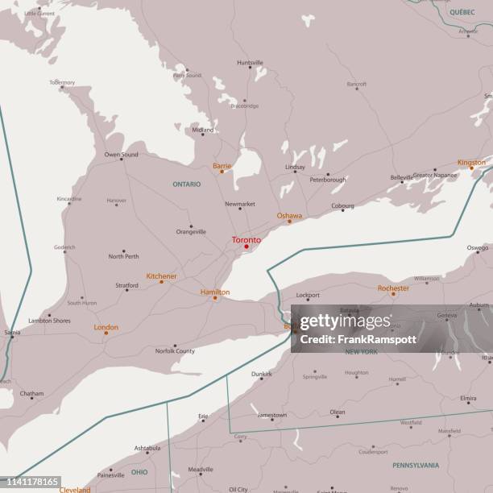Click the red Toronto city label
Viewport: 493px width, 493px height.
tap(246, 240)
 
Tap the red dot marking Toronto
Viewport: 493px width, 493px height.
tap(246, 246)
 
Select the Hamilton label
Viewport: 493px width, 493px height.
tap(215, 292)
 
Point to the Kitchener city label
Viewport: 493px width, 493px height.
tap(161, 276)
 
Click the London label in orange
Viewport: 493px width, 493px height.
tap(106, 327)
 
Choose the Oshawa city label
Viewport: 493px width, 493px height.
tap(289, 216)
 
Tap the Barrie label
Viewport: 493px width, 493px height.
tap(222, 166)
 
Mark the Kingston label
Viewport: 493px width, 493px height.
tap(471, 163)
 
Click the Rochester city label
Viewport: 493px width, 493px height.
tap(393, 288)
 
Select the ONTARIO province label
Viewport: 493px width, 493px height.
tap(186, 184)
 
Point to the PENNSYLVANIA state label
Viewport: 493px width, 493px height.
tap(416, 465)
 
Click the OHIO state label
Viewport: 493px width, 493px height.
tap(139, 472)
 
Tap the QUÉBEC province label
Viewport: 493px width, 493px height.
tap(462, 12)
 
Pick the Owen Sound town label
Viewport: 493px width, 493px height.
tap(121, 154)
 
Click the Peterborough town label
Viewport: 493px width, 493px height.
tap(328, 180)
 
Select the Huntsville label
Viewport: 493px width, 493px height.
tap(250, 63)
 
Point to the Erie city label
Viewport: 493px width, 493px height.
tap(203, 416)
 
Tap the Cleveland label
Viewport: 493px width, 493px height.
tap(75, 489)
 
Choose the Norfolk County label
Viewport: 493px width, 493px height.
tap(175, 351)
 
